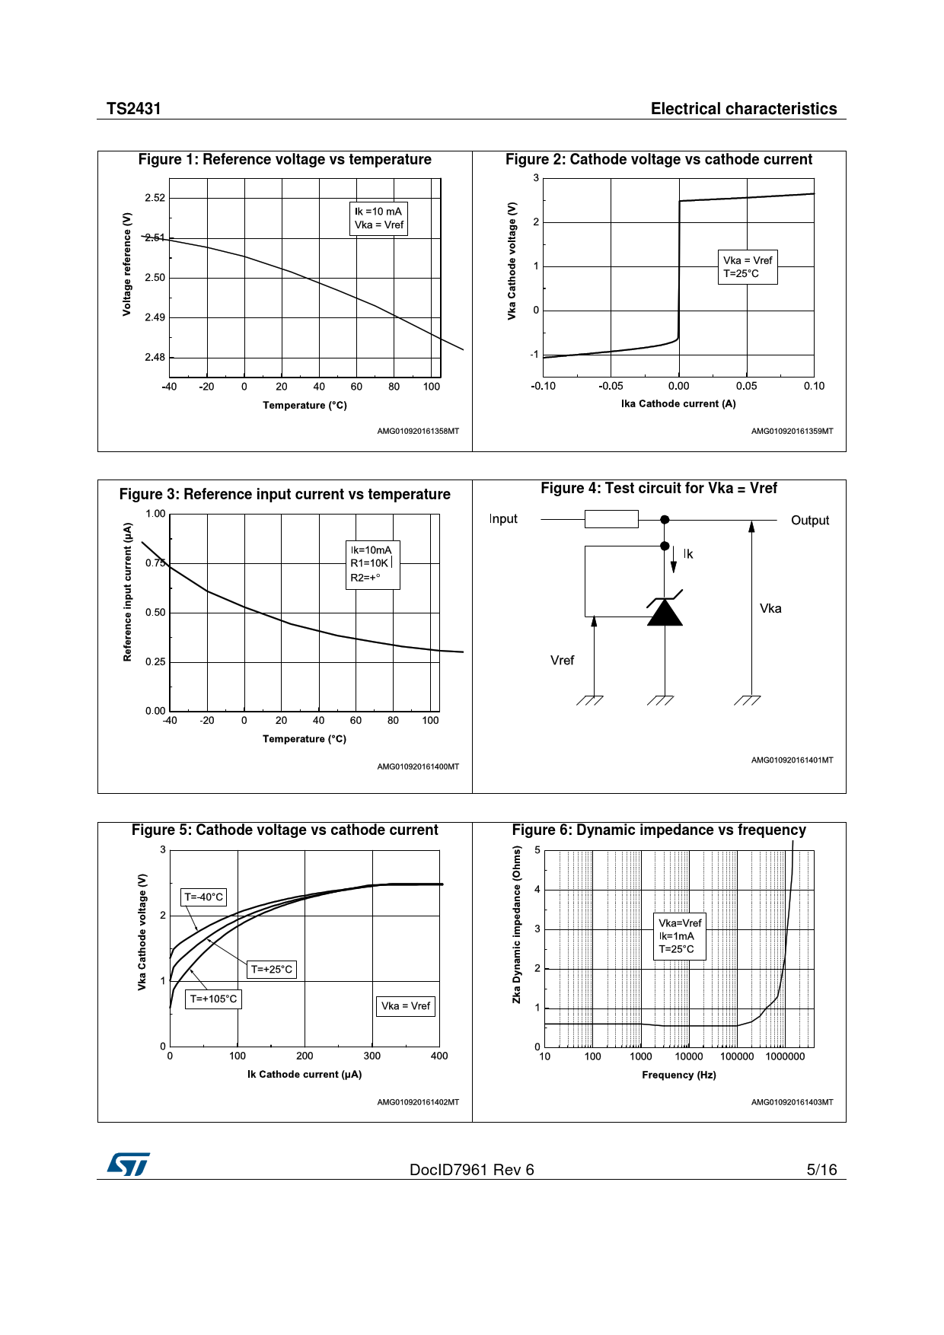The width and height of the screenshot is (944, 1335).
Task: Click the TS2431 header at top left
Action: pyautogui.click(x=134, y=109)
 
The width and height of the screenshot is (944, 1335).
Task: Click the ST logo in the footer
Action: pyautogui.click(x=128, y=1165)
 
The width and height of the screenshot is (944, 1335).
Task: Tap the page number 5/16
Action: pyautogui.click(x=821, y=1170)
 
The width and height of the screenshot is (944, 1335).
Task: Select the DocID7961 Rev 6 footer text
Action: pyautogui.click(x=471, y=1170)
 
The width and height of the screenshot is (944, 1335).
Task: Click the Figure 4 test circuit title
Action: pyautogui.click(x=659, y=489)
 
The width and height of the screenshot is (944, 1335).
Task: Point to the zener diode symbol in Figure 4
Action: pyautogui.click(x=665, y=611)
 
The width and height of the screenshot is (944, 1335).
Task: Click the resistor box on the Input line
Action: pyautogui.click(x=611, y=520)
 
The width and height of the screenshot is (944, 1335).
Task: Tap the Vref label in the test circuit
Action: pyautogui.click(x=562, y=661)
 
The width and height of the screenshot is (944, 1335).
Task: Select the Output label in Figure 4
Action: pyautogui.click(x=809, y=521)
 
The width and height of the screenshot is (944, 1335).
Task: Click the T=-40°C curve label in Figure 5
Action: pyautogui.click(x=204, y=897)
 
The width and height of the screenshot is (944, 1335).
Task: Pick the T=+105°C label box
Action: pyautogui.click(x=213, y=999)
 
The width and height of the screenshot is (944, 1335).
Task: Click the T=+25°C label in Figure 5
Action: pyautogui.click(x=272, y=970)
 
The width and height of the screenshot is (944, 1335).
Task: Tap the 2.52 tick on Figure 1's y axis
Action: pyautogui.click(x=155, y=198)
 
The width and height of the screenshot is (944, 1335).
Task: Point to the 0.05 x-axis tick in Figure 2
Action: pyautogui.click(x=746, y=386)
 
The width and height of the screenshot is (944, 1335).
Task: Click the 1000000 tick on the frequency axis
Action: pyautogui.click(x=785, y=1056)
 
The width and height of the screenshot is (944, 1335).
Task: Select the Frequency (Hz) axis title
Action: pyautogui.click(x=678, y=1075)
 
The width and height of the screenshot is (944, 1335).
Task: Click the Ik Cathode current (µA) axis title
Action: pyautogui.click(x=305, y=1075)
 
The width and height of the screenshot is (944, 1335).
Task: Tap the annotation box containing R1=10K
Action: pyautogui.click(x=372, y=564)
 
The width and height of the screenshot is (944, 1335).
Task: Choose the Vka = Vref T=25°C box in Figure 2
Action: pyautogui.click(x=748, y=267)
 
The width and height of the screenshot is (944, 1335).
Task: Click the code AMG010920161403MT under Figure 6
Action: pyautogui.click(x=792, y=1102)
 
